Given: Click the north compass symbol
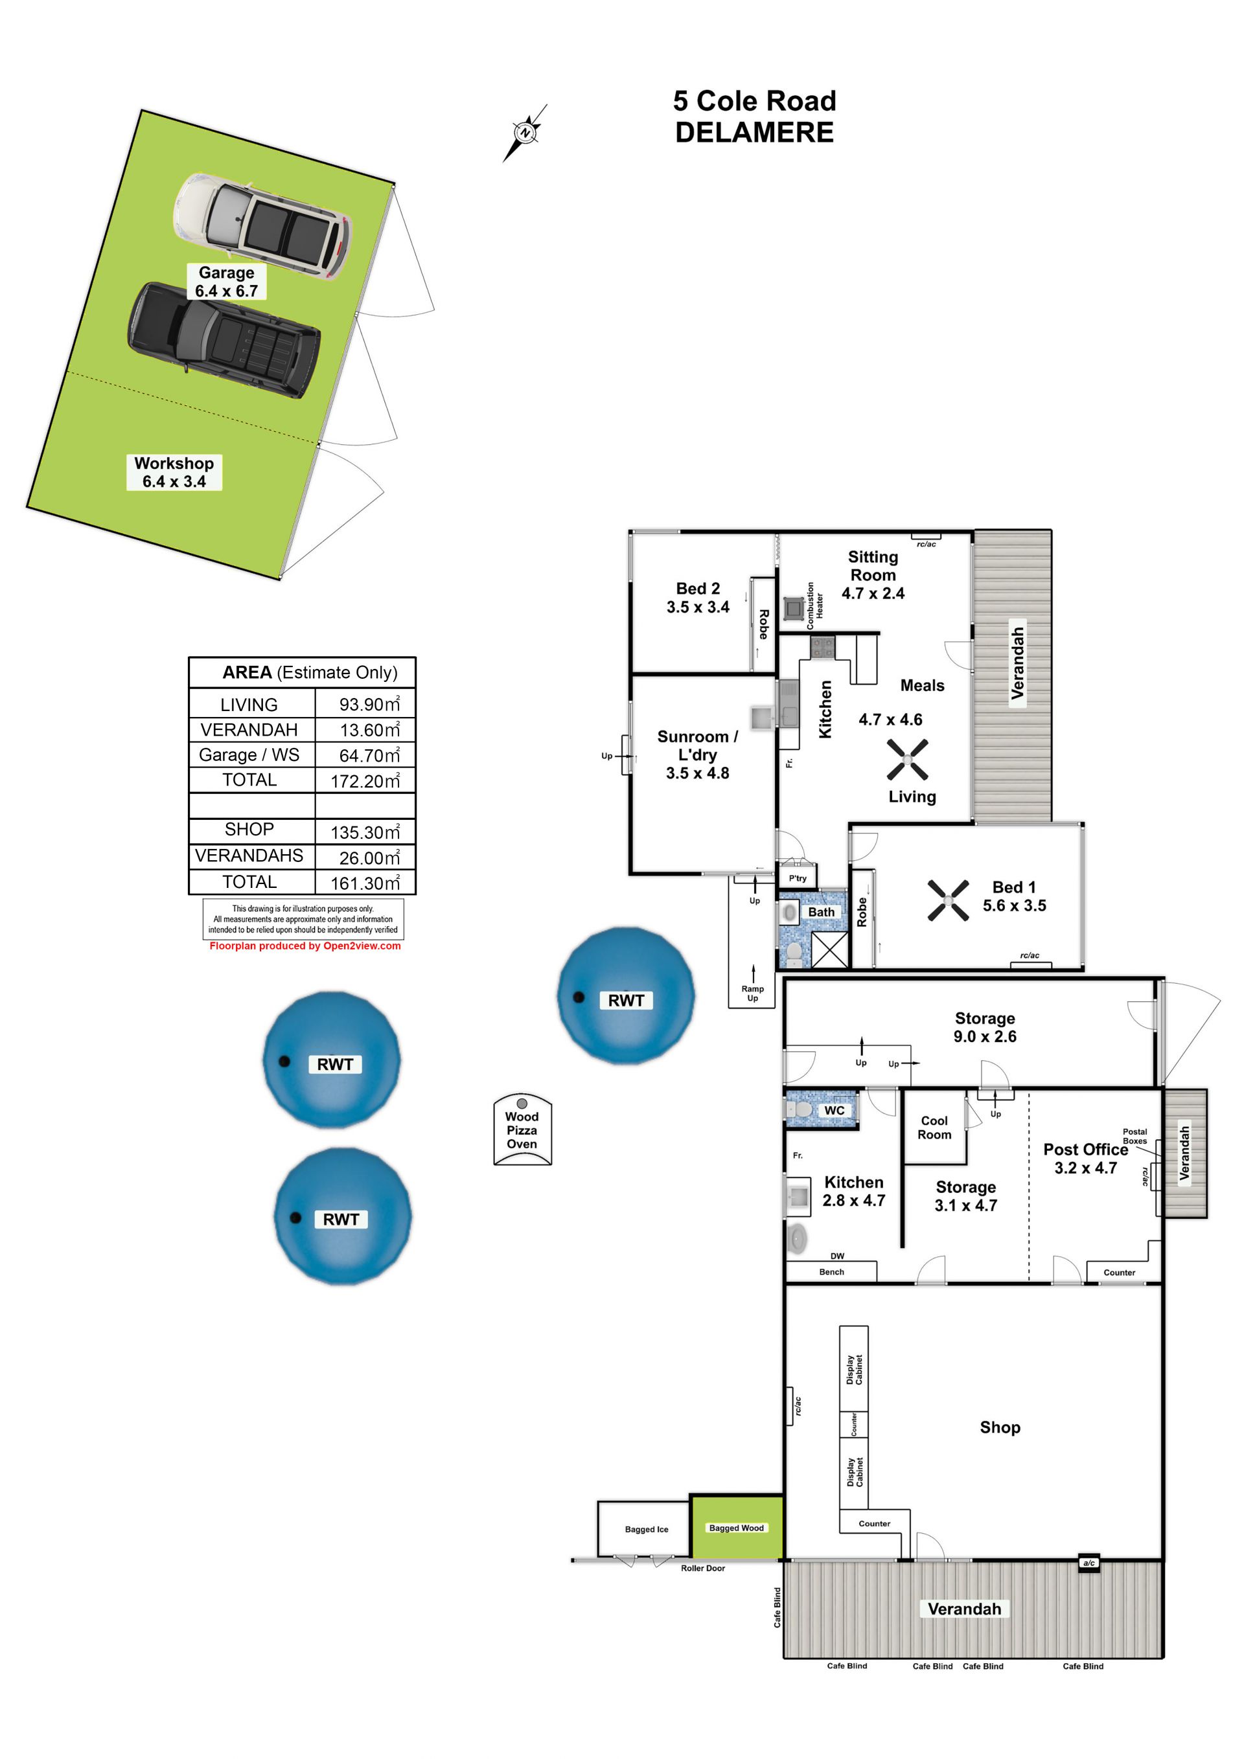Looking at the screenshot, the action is (x=525, y=133).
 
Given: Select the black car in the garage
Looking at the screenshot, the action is (x=224, y=339).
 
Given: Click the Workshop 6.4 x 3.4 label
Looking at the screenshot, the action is (x=174, y=472).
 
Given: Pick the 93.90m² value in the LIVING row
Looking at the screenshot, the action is (x=369, y=703).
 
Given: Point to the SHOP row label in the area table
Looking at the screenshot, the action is (x=249, y=829).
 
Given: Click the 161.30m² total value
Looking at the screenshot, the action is (x=365, y=883).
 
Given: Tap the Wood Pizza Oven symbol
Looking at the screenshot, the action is (x=522, y=1129).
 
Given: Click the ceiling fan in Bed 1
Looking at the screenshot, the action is (x=948, y=900).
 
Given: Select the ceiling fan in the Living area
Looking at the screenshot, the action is (x=908, y=759).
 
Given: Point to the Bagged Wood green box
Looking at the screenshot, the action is (x=737, y=1527).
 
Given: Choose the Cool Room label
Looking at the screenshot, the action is (x=934, y=1127).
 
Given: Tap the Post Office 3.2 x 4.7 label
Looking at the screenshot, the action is (x=1085, y=1159).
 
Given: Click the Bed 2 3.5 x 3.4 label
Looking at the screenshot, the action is (x=698, y=598).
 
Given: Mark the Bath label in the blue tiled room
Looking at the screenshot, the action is (x=821, y=912).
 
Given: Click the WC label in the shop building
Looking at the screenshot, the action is (x=834, y=1110).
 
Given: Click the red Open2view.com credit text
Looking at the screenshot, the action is (x=305, y=946).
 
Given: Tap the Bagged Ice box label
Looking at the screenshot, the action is (x=646, y=1529).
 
